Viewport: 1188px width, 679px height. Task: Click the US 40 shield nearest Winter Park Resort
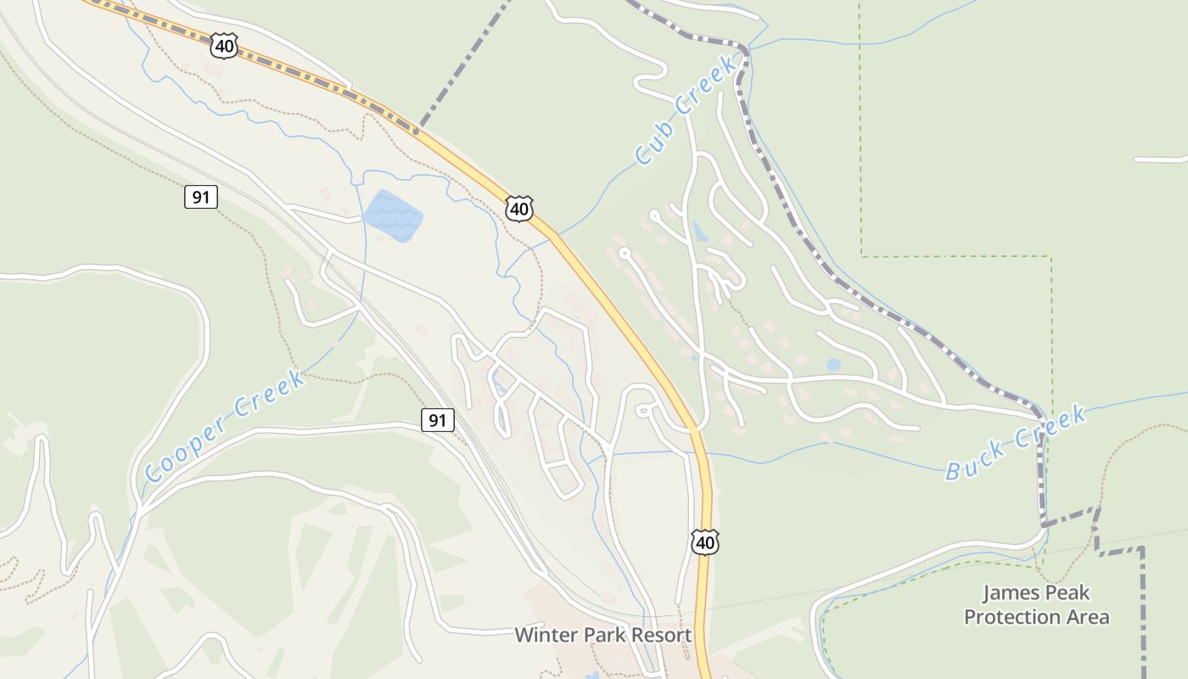(x=705, y=542)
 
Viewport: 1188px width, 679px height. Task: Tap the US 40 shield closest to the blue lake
(x=519, y=208)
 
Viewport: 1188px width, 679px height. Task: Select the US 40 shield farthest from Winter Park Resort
(x=225, y=45)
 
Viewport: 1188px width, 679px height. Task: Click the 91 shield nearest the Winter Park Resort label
(x=437, y=419)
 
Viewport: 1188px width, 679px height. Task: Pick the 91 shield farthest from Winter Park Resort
(x=200, y=198)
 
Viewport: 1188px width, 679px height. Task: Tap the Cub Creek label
(x=685, y=109)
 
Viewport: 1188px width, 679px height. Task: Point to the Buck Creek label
(x=1016, y=443)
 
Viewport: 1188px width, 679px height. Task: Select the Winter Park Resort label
(x=603, y=635)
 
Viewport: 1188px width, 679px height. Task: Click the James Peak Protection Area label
(x=1036, y=604)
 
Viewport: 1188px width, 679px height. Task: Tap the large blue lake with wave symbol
(x=393, y=214)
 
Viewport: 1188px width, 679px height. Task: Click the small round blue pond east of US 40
(x=833, y=365)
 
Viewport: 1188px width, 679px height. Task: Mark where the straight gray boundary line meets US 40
(x=417, y=130)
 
